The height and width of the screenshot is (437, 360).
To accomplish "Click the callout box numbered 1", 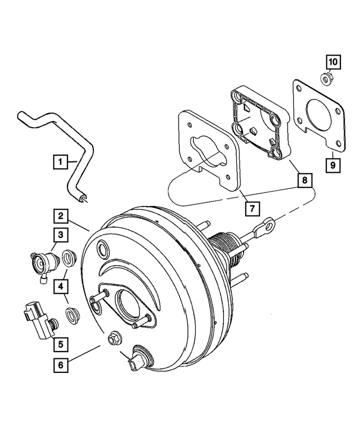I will point(61,161).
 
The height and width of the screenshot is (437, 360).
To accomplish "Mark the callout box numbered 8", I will point(304,181).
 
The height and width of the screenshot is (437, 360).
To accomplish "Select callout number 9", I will point(332,165).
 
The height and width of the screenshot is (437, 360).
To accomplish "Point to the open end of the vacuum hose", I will point(83,196).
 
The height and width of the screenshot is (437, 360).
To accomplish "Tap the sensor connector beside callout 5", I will point(35,319).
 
